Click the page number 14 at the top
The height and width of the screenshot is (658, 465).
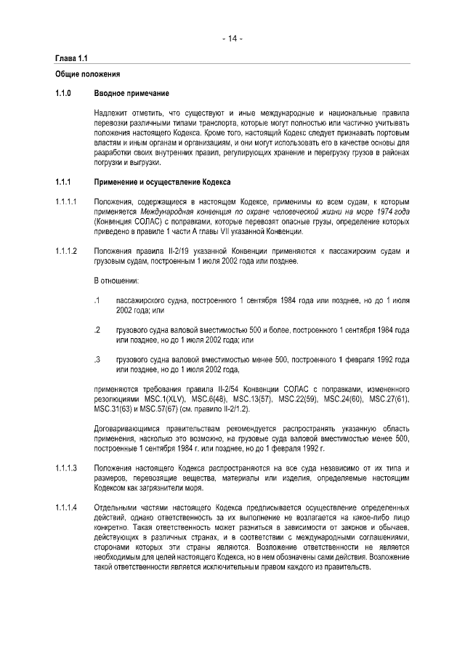[232, 39]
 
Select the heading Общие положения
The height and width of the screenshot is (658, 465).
[87, 75]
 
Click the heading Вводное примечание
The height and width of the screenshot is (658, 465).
[132, 94]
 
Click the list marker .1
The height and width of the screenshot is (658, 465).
[97, 300]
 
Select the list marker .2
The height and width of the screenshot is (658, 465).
[97, 330]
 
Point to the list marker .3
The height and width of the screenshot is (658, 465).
[97, 360]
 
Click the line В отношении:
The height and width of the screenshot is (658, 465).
[118, 281]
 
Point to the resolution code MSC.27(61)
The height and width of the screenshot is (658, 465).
[389, 399]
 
